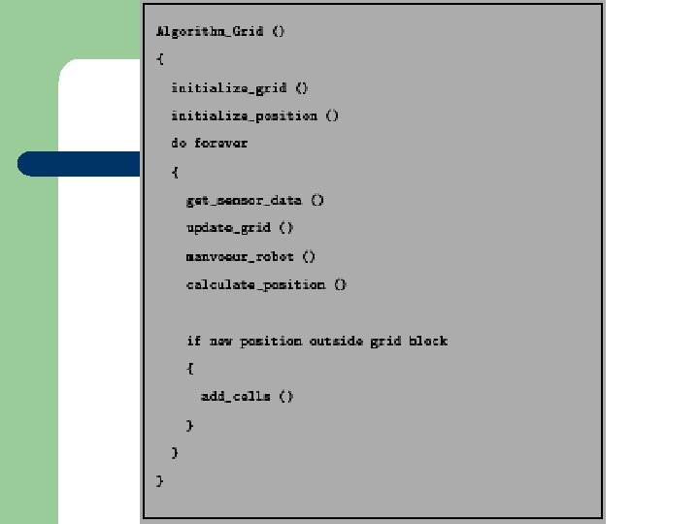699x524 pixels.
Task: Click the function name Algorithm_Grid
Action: [x=210, y=31]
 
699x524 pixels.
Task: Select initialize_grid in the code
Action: [x=229, y=87]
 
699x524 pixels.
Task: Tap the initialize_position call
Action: [x=244, y=115]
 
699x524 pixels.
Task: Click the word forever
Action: [x=221, y=143]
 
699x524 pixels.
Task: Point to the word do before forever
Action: [x=179, y=143]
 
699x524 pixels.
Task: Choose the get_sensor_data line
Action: [x=244, y=200]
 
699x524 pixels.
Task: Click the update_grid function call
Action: [x=229, y=228]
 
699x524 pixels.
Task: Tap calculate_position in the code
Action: [x=255, y=284]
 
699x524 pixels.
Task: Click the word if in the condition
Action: [x=194, y=341]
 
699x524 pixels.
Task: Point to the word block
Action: [x=428, y=341]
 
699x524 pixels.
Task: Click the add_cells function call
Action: [x=235, y=396]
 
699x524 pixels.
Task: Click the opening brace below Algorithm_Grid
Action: [x=160, y=59]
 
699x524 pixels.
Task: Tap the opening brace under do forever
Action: [x=175, y=172]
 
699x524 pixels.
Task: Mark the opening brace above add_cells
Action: [x=190, y=369]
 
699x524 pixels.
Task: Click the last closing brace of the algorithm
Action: [x=160, y=480]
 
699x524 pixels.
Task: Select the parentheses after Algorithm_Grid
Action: [x=278, y=31]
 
